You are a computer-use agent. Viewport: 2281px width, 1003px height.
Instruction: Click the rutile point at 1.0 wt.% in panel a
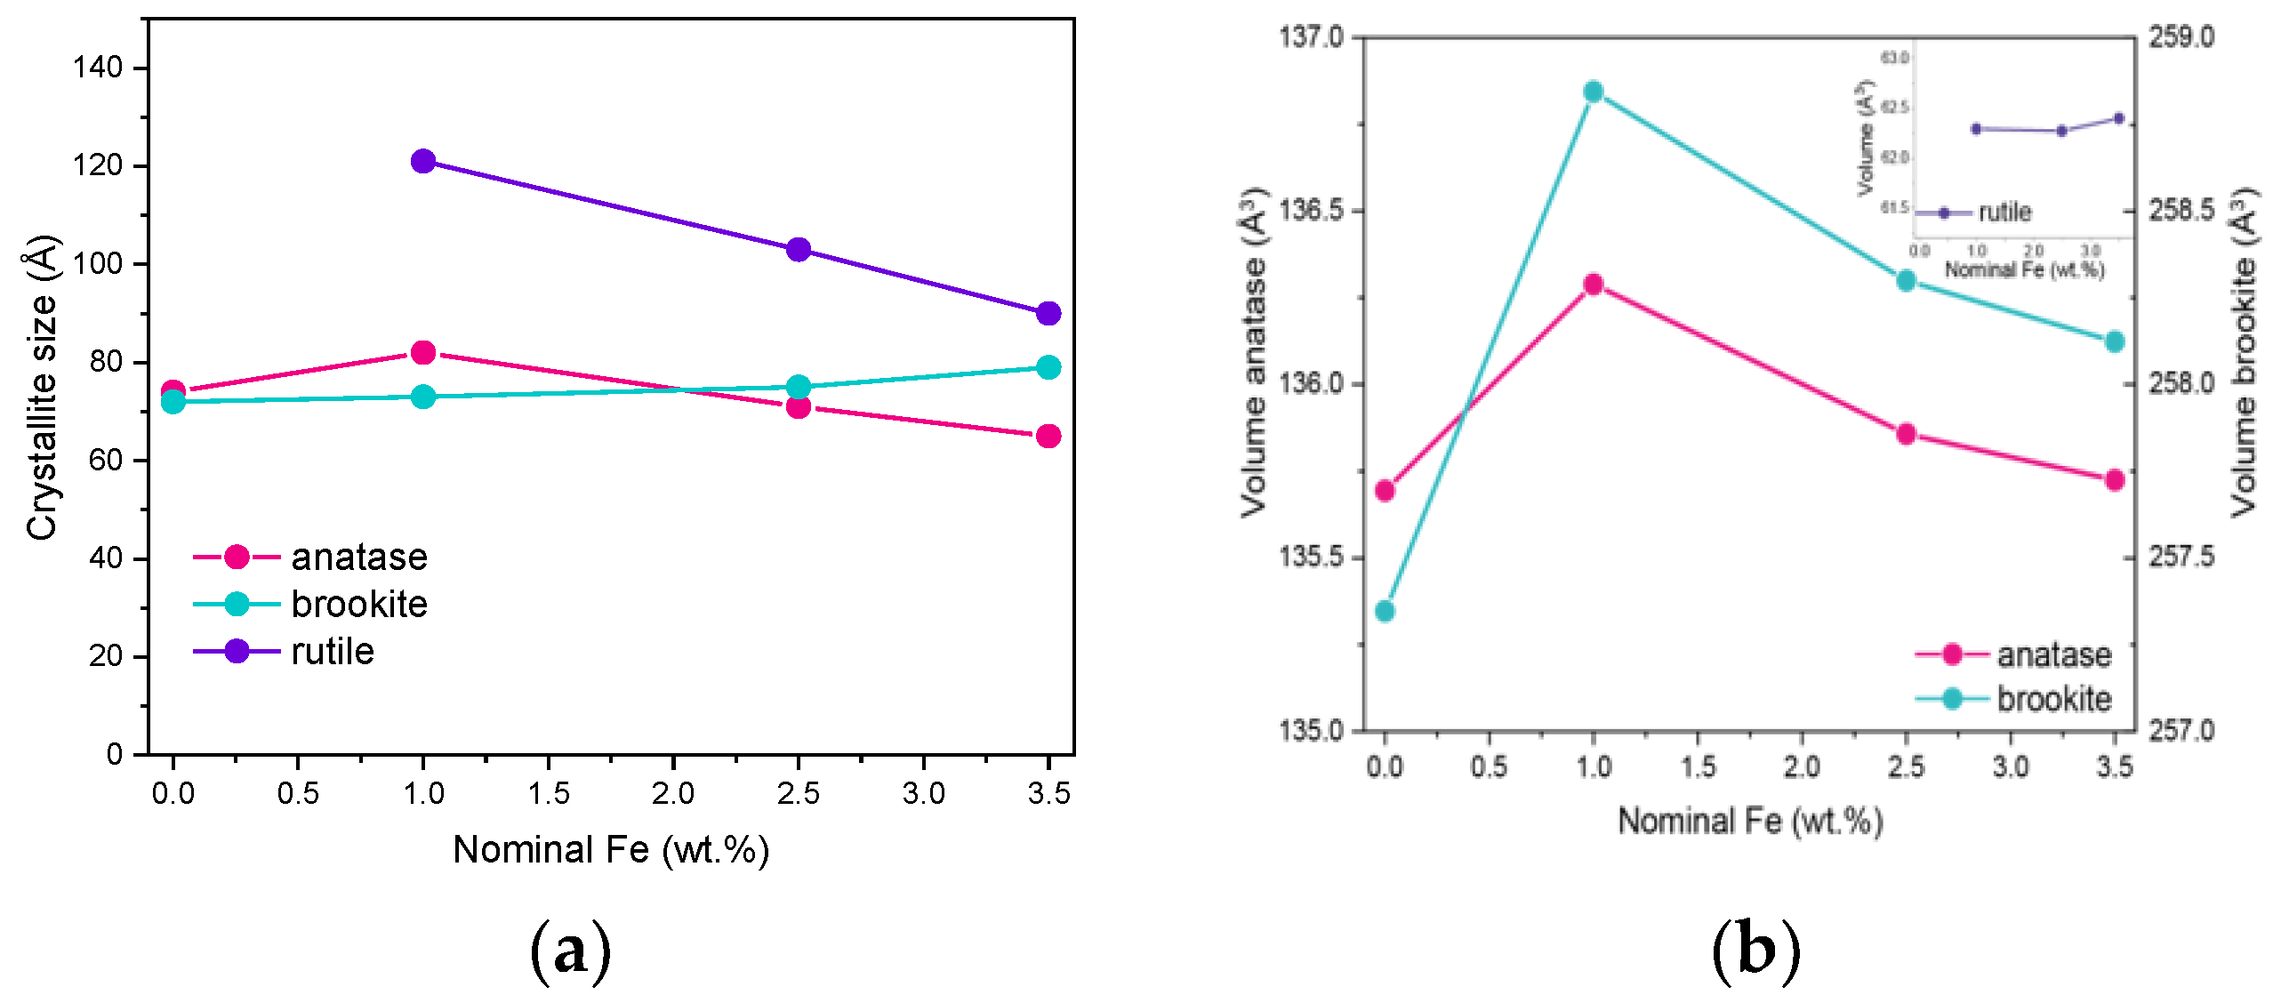[x=423, y=161]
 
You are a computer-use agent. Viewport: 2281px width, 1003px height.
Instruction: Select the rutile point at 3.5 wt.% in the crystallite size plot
[x=1048, y=313]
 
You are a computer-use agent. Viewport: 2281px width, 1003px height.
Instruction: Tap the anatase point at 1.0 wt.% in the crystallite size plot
[x=423, y=352]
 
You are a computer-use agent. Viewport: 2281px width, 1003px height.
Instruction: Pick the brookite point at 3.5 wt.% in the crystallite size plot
[x=1048, y=367]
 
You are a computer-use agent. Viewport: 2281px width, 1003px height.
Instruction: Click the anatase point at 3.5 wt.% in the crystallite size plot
[x=1048, y=436]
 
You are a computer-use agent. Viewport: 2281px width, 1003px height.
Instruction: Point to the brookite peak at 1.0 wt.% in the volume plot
[x=1594, y=92]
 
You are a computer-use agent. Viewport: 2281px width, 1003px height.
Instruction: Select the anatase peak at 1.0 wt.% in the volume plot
[x=1594, y=285]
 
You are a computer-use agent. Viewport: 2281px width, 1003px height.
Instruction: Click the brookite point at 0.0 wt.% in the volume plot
[x=1385, y=611]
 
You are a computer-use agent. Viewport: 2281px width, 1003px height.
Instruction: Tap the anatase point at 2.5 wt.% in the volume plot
[x=1906, y=434]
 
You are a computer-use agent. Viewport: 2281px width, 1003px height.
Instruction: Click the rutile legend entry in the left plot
[x=332, y=652]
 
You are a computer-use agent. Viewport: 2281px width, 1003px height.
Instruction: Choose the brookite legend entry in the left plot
[x=358, y=605]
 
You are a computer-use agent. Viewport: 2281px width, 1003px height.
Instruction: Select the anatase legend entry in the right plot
[x=2052, y=654]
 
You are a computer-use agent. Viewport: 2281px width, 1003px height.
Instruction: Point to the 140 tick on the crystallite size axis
[x=98, y=68]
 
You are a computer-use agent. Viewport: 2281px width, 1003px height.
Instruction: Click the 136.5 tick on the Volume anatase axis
[x=1312, y=211]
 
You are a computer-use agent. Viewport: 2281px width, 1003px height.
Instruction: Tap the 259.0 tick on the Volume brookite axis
[x=2181, y=37]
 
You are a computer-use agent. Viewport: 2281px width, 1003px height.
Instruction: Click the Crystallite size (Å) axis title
[x=42, y=387]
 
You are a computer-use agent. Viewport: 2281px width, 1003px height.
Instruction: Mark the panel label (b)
[x=1755, y=951]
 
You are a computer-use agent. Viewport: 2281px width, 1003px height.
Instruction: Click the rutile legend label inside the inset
[x=2004, y=213]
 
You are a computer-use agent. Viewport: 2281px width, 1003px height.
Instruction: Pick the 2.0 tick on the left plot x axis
[x=672, y=793]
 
